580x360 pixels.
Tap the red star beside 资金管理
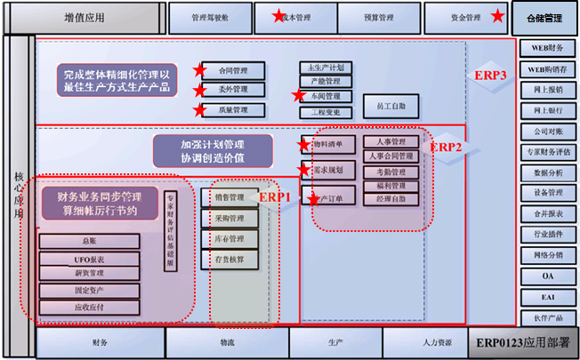click(x=496, y=17)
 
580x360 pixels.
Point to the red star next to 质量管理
click(x=199, y=110)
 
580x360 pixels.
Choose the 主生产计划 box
click(x=326, y=68)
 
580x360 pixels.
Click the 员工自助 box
click(x=391, y=106)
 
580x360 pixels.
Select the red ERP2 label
click(x=447, y=147)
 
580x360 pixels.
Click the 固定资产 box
click(x=89, y=289)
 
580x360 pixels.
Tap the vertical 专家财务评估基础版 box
click(x=170, y=228)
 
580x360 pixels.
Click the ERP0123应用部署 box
click(x=520, y=343)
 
